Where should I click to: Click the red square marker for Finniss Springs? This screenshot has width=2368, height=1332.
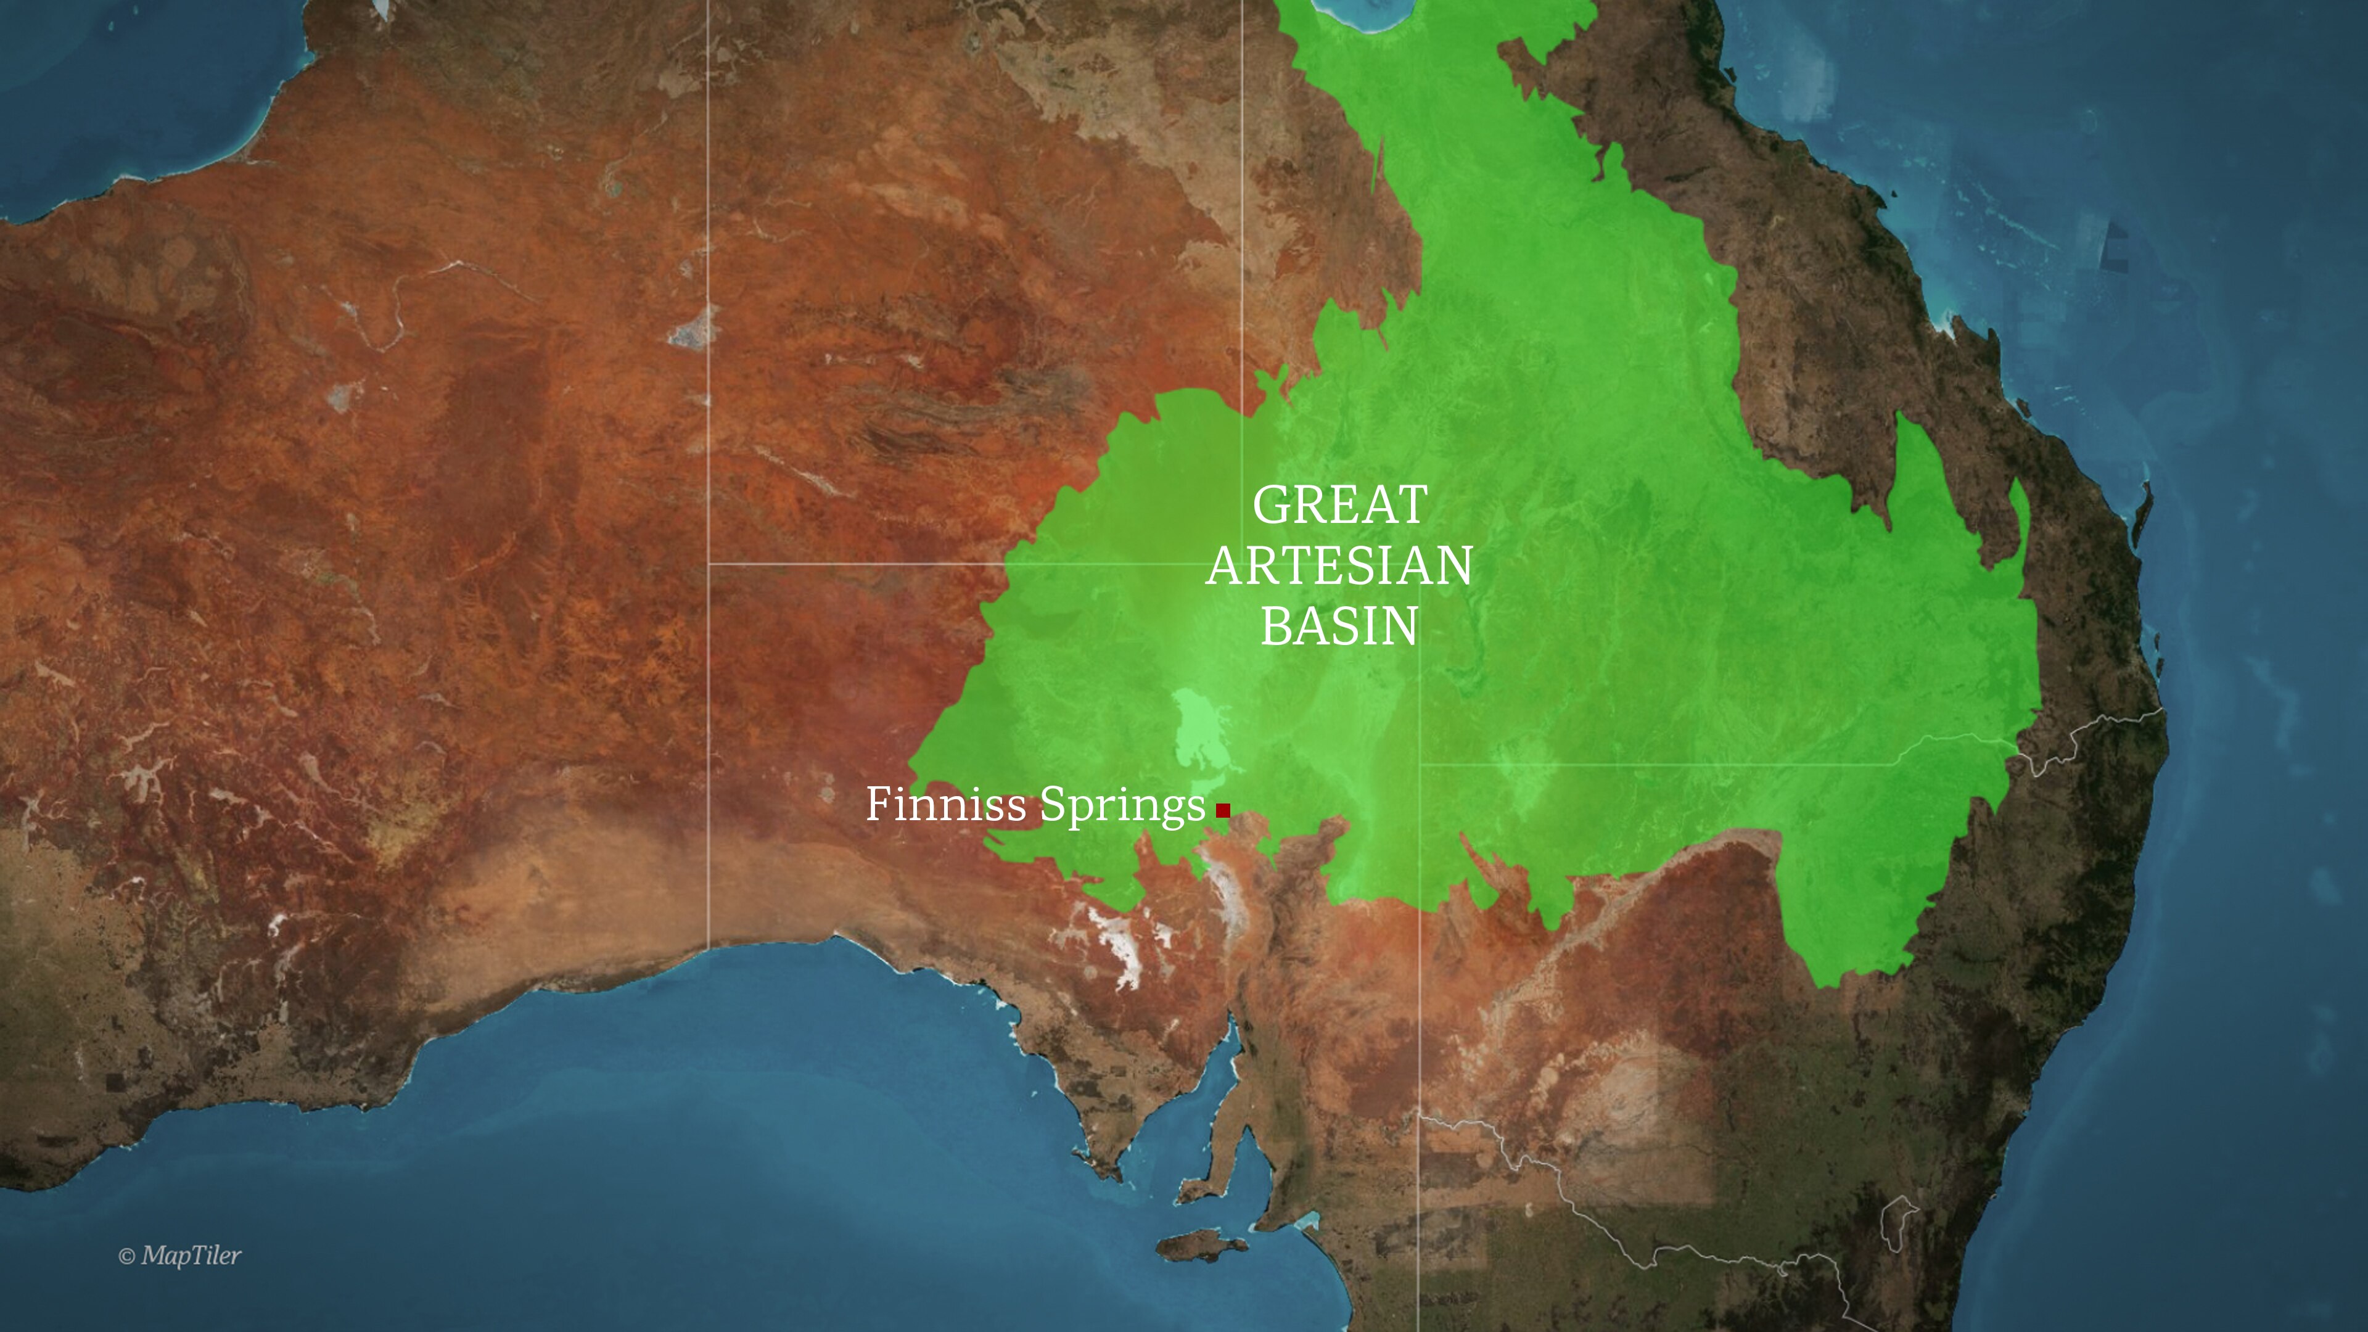(1223, 810)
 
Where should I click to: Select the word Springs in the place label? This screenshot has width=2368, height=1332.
(1122, 807)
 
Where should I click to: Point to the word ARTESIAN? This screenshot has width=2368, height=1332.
(1339, 565)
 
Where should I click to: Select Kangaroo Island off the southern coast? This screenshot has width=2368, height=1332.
(1199, 1246)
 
